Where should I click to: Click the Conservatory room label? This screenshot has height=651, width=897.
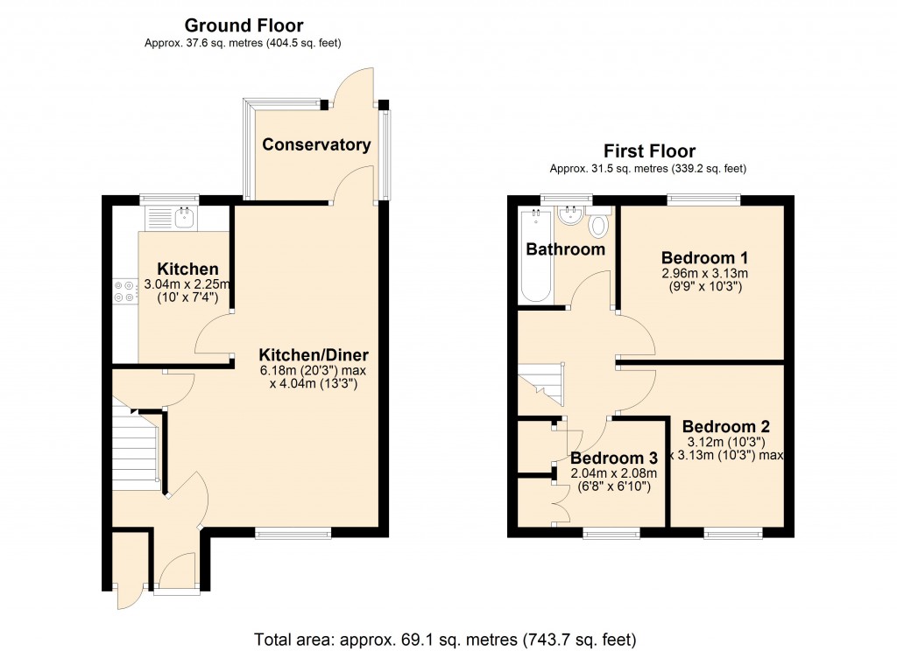[x=316, y=144]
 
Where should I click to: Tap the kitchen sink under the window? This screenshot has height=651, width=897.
[x=184, y=217]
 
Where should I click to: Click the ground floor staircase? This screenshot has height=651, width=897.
[x=133, y=451]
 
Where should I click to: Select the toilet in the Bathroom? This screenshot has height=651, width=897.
[x=599, y=226]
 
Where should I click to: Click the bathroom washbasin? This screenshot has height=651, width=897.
[x=570, y=214]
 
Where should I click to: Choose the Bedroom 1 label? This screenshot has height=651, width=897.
[x=704, y=258]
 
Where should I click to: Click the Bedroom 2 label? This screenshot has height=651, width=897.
[x=726, y=427]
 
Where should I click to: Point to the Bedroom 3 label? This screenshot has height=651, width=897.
[x=613, y=458]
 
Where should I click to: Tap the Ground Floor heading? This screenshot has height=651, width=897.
[x=244, y=25]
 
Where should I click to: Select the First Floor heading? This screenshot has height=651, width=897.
[x=648, y=151]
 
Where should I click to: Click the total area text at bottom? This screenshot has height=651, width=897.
[x=445, y=638]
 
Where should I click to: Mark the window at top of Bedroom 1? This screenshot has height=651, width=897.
[x=703, y=199]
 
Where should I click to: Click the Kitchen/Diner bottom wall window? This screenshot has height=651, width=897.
[x=293, y=532]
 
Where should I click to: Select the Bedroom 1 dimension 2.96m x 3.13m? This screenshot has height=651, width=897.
[x=704, y=273]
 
